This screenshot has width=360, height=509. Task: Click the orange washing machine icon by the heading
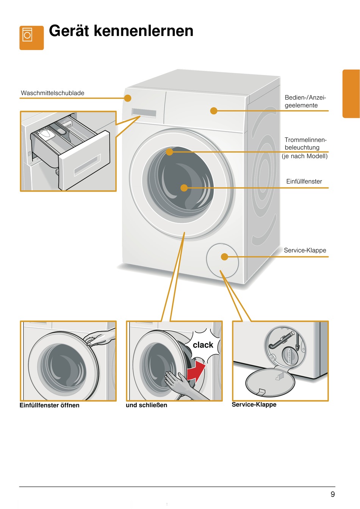[x=31, y=37]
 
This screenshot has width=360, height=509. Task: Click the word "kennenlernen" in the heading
[x=144, y=31]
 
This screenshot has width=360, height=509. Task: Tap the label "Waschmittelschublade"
[x=53, y=93]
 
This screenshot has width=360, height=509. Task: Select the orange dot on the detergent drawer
[x=128, y=98]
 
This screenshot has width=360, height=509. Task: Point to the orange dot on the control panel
[x=214, y=111]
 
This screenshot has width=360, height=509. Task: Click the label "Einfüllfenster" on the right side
[x=304, y=181]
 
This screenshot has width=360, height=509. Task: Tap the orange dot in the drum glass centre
[x=184, y=187]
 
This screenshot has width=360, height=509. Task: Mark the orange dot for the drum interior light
[x=169, y=152]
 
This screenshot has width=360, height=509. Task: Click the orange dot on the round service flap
[x=224, y=257]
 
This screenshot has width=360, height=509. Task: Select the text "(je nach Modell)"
[x=305, y=156]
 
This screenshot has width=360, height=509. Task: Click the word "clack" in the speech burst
[x=203, y=345]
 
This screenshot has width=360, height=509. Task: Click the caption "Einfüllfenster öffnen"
[x=50, y=405]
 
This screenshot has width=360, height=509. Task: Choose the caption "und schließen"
[x=146, y=405]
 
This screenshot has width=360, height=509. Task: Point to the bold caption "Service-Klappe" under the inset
[x=254, y=404]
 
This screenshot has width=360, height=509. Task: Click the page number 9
[x=333, y=494]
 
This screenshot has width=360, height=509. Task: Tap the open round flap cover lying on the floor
[x=270, y=382]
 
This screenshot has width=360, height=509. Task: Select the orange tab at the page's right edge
[x=351, y=94]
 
